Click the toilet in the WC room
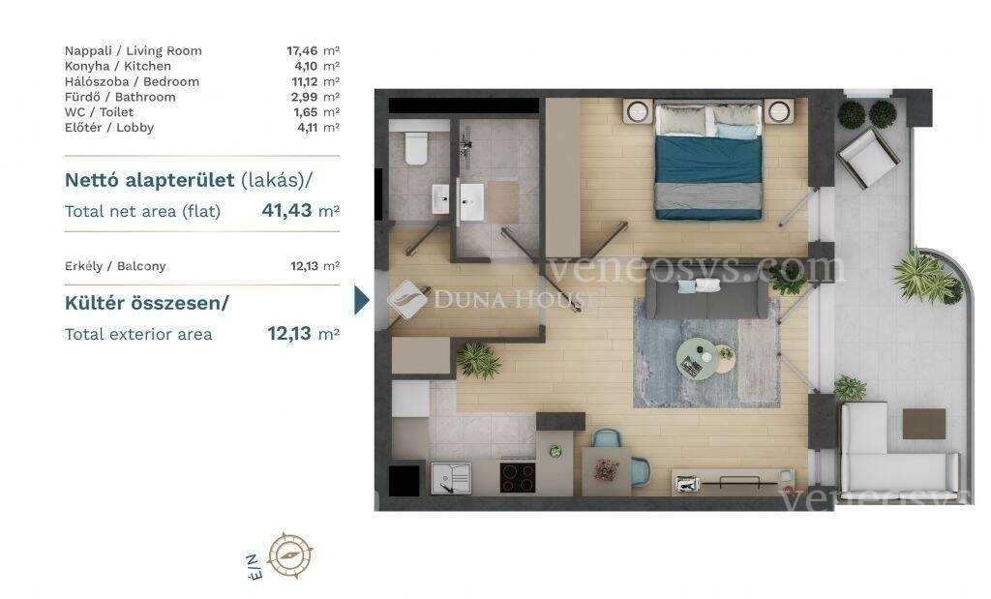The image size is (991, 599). pyautogui.click(x=416, y=148)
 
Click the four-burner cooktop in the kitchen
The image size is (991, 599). pyautogui.click(x=518, y=478)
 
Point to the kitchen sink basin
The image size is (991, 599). pyautogui.click(x=451, y=478)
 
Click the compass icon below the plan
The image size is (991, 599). pyautogui.click(x=290, y=554)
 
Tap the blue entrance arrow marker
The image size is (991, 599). pyautogui.click(x=362, y=300)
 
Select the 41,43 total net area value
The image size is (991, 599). pyautogui.click(x=286, y=210)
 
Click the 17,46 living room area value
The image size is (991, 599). pyautogui.click(x=302, y=51)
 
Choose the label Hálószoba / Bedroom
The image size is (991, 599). pyautogui.click(x=132, y=81)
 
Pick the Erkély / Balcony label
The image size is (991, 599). pyautogui.click(x=115, y=266)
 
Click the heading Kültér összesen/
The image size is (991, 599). pyautogui.click(x=147, y=303)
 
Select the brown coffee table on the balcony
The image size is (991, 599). pyautogui.click(x=924, y=423)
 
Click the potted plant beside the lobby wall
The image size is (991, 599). pyautogui.click(x=478, y=361)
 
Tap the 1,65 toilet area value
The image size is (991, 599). pyautogui.click(x=306, y=112)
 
